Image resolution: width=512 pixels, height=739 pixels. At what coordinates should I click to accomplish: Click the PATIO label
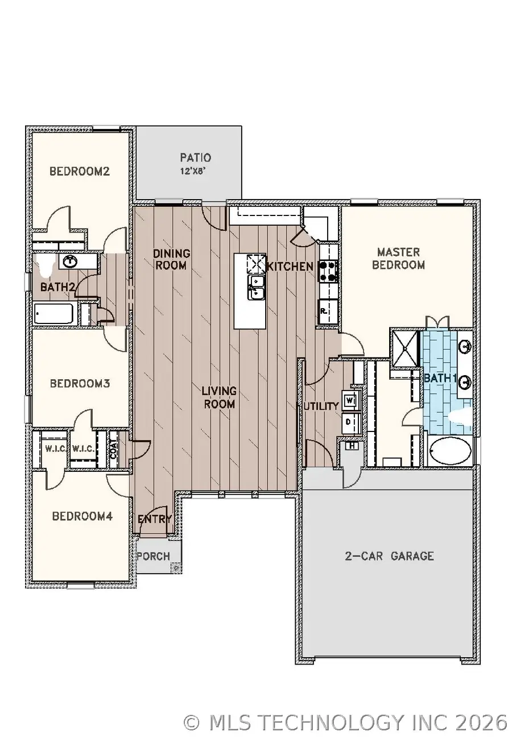pyautogui.click(x=196, y=157)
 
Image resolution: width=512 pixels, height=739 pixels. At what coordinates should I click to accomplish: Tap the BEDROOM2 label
pyautogui.click(x=79, y=171)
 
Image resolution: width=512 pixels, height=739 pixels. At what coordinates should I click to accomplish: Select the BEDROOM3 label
pyautogui.click(x=80, y=384)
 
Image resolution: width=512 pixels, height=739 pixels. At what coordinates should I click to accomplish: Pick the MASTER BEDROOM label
pyautogui.click(x=399, y=258)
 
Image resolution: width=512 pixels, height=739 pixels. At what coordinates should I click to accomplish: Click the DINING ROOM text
pyautogui.click(x=171, y=259)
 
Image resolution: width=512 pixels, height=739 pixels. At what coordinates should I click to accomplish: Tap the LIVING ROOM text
pyautogui.click(x=219, y=397)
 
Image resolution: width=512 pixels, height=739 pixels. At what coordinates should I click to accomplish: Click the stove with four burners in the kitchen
pyautogui.click(x=328, y=272)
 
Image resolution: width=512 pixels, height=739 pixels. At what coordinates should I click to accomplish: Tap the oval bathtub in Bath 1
pyautogui.click(x=450, y=452)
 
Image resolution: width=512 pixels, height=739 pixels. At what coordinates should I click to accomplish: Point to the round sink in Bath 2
pyautogui.click(x=71, y=262)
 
